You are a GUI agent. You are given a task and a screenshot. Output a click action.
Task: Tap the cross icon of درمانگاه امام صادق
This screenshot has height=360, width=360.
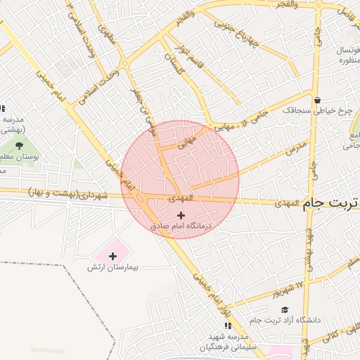tap(182, 215)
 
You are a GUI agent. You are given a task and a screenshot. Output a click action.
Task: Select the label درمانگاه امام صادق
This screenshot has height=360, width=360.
tap(181, 226)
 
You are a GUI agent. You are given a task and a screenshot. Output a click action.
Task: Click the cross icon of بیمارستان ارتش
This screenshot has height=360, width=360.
tap(112, 256)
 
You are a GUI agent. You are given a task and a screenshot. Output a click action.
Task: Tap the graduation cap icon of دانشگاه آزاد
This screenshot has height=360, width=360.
tap(284, 309)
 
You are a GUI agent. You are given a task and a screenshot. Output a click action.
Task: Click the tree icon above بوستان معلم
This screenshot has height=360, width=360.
tap(18, 145)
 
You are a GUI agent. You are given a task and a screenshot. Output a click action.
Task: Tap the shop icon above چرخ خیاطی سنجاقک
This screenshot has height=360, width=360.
tap(318, 101)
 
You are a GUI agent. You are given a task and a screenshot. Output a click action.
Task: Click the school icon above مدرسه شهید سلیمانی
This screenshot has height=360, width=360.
tap(227, 326)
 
